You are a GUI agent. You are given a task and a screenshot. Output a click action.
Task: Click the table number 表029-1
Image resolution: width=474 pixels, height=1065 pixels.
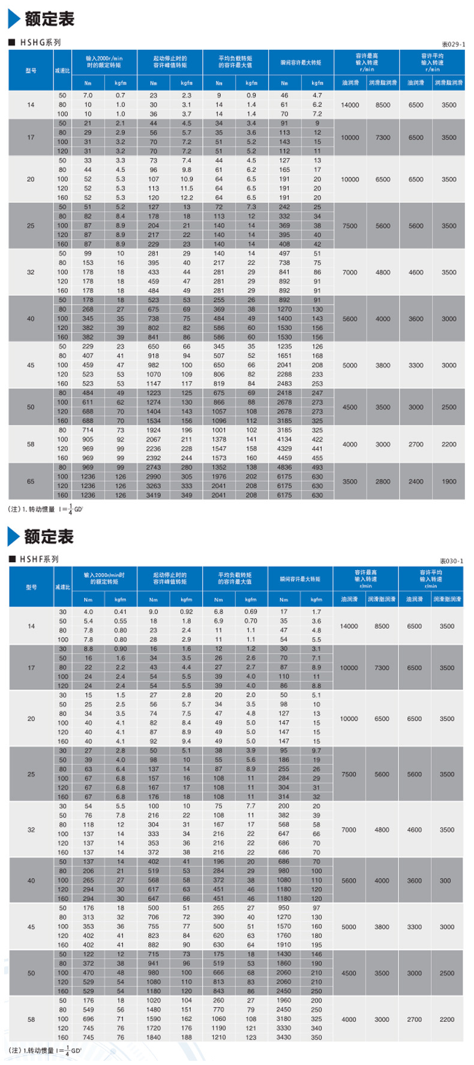click(453, 44)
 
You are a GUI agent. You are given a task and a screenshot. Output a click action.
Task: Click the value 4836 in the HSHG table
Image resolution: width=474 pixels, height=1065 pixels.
click(284, 467)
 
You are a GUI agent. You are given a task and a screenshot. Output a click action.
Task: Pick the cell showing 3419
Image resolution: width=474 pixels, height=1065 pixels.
click(154, 495)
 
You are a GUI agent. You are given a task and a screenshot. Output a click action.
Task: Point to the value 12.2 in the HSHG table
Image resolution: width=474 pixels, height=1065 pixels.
click(187, 197)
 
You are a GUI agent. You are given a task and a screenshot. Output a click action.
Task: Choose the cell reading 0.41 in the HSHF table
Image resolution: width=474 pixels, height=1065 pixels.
click(121, 612)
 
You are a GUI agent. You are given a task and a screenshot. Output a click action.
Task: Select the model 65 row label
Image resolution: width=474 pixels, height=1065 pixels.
click(31, 481)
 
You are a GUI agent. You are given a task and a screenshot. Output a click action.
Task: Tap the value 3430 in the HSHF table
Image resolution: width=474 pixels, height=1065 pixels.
click(284, 1037)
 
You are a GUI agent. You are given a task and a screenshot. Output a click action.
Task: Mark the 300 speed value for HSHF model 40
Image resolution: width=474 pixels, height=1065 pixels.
click(445, 881)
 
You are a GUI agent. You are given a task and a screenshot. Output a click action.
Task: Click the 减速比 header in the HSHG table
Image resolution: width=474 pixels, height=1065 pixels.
click(62, 71)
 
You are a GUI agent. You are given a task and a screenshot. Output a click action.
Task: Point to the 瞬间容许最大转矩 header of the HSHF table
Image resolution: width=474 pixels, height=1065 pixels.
click(300, 579)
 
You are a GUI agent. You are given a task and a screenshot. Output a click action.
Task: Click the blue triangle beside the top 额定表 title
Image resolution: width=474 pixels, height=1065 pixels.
click(13, 19)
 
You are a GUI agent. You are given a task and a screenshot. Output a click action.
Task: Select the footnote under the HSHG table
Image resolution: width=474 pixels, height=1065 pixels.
click(46, 509)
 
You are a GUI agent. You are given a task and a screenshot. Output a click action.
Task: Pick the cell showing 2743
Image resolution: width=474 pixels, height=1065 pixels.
click(154, 467)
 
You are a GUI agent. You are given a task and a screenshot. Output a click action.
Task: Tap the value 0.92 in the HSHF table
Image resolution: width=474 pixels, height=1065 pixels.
click(187, 612)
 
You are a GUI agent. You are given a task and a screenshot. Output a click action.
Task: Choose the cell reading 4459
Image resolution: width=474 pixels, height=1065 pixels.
click(284, 458)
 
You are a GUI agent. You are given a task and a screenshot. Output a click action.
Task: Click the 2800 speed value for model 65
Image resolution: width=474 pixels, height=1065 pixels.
click(383, 481)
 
